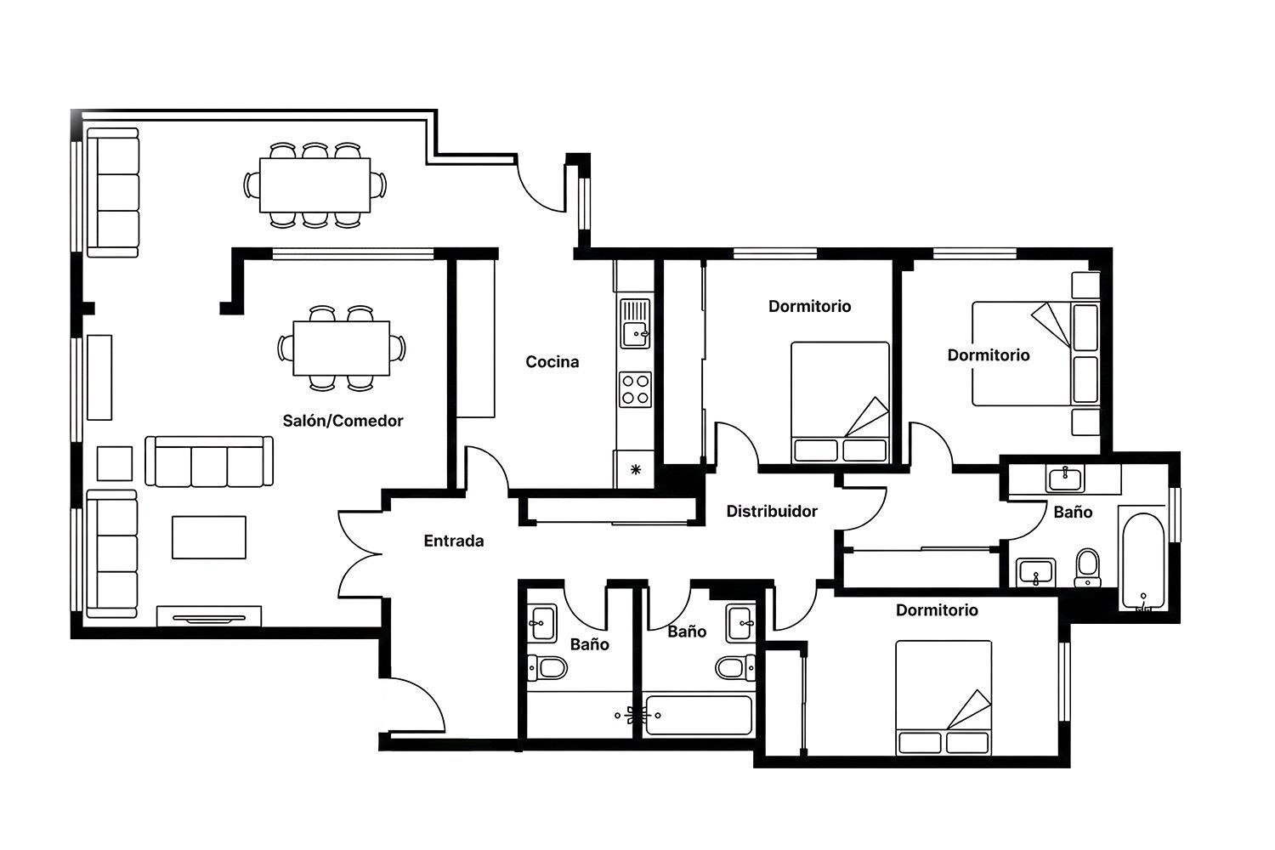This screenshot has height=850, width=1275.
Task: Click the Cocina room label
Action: click(552, 361)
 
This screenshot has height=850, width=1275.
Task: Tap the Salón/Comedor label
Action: click(343, 421)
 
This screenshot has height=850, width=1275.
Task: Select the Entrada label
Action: click(454, 541)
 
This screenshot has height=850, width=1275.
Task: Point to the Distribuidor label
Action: click(772, 511)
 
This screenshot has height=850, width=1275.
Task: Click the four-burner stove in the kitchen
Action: click(635, 389)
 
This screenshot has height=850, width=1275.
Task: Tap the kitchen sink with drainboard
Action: click(635, 323)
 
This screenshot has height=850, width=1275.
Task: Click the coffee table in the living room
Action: click(209, 537)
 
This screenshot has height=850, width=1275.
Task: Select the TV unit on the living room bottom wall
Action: click(209, 616)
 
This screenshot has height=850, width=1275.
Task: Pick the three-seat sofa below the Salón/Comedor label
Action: click(209, 462)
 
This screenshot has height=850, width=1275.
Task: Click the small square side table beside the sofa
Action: click(115, 463)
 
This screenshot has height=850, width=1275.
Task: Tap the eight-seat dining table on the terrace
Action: click(314, 185)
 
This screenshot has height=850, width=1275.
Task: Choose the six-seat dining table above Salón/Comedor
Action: click(342, 348)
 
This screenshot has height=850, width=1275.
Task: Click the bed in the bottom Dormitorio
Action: click(943, 698)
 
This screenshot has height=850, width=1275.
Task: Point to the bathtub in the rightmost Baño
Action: click(1143, 561)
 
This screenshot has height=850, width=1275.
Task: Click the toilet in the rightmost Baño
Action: click(1088, 568)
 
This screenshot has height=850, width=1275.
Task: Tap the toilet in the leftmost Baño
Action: click(547, 667)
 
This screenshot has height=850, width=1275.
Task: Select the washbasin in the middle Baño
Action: click(740, 624)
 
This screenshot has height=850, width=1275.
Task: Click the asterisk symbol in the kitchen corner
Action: click(636, 470)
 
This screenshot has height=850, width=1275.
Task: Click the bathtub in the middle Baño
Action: click(699, 715)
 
